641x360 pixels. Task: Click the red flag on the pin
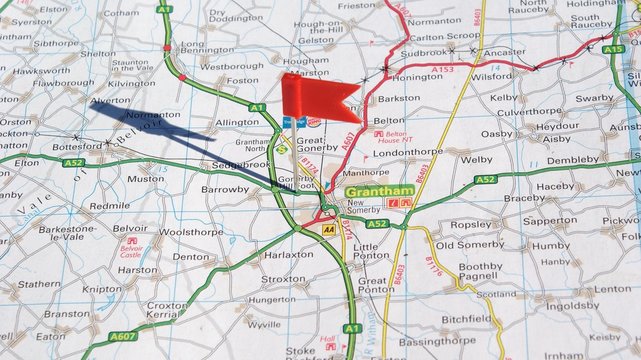pyautogui.click(x=318, y=97)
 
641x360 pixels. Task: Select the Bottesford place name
pyautogui.click(x=78, y=145)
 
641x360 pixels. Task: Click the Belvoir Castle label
pyautogui.click(x=131, y=249)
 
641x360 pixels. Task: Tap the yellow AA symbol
pyautogui.click(x=328, y=229)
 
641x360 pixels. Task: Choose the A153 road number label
pyautogui.click(x=444, y=69)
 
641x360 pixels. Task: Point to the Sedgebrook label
pyautogui.click(x=239, y=163)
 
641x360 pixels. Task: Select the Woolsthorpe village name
pyautogui.click(x=190, y=231)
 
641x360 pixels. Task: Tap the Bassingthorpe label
pyautogui.click(x=437, y=341)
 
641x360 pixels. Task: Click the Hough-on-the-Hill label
pyautogui.click(x=318, y=27)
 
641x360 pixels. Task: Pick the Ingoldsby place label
pyautogui.click(x=572, y=306)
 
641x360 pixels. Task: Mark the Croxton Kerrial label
pyautogui.click(x=166, y=311)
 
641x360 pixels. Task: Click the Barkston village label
pyautogui.click(x=400, y=98)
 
